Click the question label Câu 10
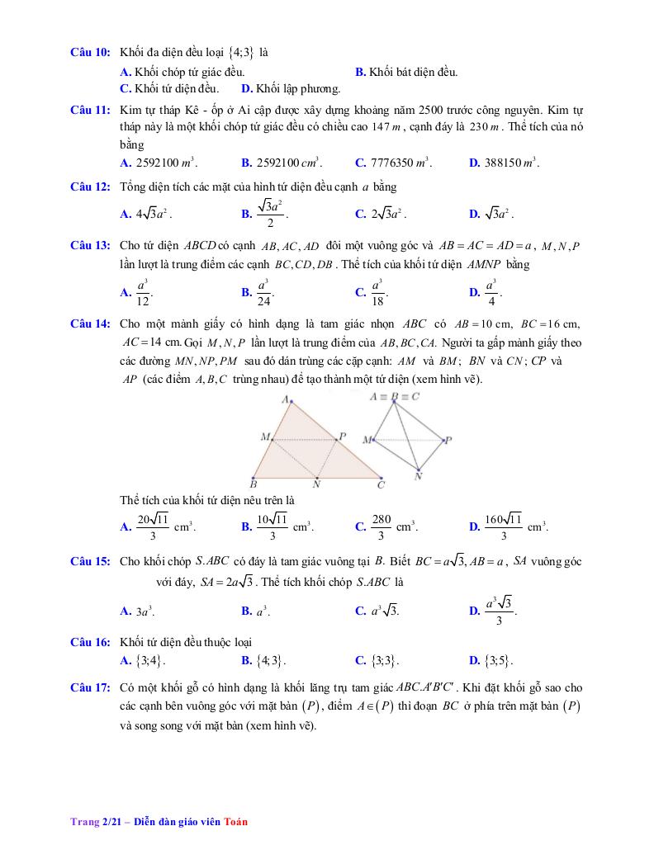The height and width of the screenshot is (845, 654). coord(90,53)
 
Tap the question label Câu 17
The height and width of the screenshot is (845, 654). coord(90,687)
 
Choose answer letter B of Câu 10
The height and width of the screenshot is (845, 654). coord(360,72)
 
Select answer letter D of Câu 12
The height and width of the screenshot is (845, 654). coord(474,215)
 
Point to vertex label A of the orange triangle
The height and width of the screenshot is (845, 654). coord(285,399)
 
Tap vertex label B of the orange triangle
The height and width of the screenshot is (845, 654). coord(254,484)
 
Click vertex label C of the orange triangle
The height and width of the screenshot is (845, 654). coord(381,485)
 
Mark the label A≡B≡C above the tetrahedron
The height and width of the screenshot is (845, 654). coord(395,396)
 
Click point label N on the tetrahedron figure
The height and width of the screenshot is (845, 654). coord(418,476)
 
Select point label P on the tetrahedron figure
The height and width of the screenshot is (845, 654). coord(448,441)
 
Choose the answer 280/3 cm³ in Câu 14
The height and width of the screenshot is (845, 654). coord(381,525)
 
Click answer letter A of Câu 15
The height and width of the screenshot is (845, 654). coord(126,611)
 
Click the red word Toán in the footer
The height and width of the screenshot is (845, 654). coord(235,822)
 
